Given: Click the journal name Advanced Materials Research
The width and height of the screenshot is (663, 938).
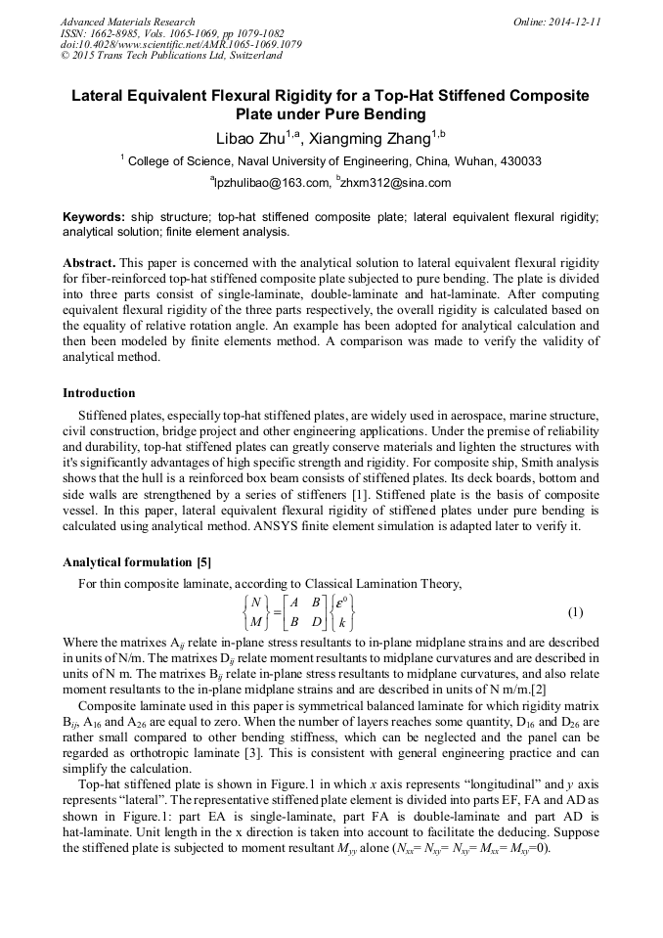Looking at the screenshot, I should click(x=127, y=22).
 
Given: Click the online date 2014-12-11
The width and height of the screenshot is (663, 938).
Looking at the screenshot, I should click(x=572, y=22).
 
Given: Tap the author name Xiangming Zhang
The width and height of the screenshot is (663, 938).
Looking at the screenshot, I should click(x=371, y=138).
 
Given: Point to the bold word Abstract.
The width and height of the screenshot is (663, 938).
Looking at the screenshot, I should click(x=89, y=264).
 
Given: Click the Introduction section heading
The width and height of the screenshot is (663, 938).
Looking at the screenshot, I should click(x=99, y=393).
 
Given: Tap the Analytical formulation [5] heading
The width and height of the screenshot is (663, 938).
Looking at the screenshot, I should click(x=136, y=562).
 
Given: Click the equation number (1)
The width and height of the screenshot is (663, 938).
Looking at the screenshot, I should click(x=575, y=612).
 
